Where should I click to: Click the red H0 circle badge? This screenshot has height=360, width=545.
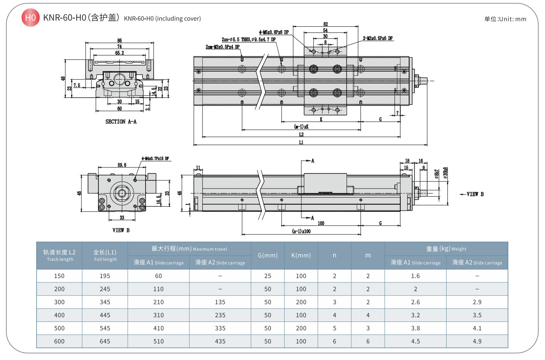click(30, 18)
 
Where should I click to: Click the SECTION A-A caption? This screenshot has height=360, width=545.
click(121, 122)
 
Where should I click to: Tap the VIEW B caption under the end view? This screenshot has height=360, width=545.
click(121, 230)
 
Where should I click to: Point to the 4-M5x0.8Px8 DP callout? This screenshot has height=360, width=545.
click(274, 32)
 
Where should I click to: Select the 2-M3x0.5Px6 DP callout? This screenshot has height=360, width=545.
click(377, 39)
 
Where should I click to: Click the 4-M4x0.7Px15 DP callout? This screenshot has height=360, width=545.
click(155, 159)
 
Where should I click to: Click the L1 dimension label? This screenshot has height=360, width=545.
click(301, 143)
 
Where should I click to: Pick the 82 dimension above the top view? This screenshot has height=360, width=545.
click(325, 24)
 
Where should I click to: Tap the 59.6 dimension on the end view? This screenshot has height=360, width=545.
click(122, 165)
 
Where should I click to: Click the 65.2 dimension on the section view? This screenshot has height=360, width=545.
click(120, 53)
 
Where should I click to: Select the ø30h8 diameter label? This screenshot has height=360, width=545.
click(445, 173)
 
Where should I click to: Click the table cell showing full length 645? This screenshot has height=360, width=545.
click(105, 341)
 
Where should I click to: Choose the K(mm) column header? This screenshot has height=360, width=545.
click(301, 255)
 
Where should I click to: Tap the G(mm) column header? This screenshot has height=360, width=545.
click(267, 255)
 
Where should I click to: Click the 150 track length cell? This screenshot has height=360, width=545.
click(59, 276)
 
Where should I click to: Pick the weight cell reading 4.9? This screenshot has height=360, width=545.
click(477, 341)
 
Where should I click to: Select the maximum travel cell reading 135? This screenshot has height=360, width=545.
click(220, 302)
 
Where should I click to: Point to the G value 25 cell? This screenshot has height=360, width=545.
click(267, 276)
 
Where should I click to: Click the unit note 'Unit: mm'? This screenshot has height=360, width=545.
click(505, 19)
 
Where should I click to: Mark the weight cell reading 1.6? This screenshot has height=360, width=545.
click(415, 276)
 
